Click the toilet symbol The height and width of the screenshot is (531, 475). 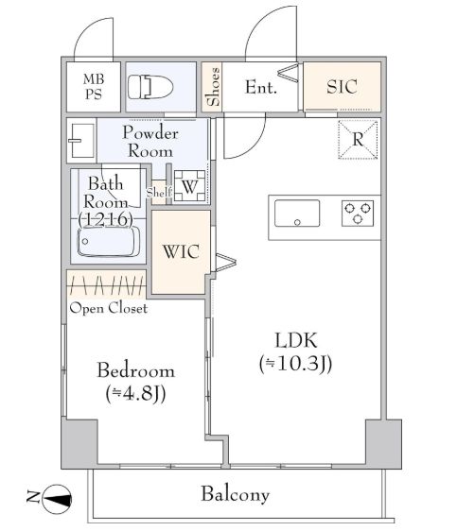point(150,87)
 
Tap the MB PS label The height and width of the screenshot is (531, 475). point(94,87)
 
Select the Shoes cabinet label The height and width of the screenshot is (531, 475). point(214,87)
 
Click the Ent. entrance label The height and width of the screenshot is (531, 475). point(261,87)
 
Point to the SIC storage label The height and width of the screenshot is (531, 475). point(342,87)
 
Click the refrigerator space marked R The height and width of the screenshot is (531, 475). point(358,139)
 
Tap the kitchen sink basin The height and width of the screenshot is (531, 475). point(297,214)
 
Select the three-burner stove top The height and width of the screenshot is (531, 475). point(358,214)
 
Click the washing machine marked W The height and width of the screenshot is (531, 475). point(190,186)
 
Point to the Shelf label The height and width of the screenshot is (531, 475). point(159,193)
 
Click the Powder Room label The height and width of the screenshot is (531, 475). point(150,142)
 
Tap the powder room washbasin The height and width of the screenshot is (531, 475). point(81,140)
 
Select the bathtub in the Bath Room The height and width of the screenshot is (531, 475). point(109,242)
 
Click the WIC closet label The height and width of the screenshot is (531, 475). point(181,251)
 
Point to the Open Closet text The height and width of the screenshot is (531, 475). point(109,308)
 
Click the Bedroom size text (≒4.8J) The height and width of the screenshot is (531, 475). point(135,394)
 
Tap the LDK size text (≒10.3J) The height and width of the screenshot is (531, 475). point(295,364)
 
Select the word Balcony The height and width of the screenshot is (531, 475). point(236,494)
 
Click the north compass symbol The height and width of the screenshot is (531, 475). point(57,497)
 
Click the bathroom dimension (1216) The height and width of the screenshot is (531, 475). point(105,219)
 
